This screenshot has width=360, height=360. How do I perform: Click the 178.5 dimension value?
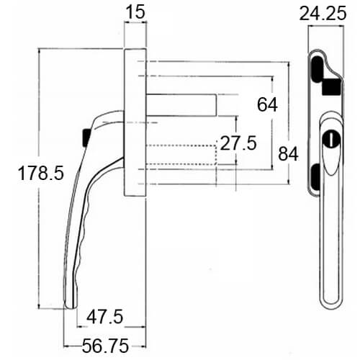tap(41, 173)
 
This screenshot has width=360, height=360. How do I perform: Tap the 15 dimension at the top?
tap(135, 12)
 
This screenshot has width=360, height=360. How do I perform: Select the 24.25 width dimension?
tap(323, 14)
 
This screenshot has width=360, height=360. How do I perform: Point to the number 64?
tap(267, 104)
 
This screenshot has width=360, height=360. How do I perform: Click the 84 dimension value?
tap(288, 154)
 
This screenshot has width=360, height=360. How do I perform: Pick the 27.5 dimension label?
tap(238, 143)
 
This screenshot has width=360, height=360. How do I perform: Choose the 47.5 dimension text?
tap(105, 316)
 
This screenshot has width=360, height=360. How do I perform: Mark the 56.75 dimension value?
tap(105, 346)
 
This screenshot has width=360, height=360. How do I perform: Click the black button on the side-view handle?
tap(86, 138)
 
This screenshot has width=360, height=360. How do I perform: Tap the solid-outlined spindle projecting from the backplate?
tap(181, 105)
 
